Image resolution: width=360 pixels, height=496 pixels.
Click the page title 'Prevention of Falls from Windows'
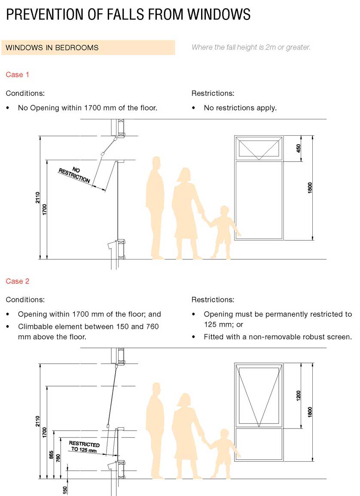pos(128,14)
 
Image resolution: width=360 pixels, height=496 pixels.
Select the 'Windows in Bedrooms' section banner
pos(88,48)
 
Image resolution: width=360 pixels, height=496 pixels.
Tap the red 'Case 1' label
pos(18,75)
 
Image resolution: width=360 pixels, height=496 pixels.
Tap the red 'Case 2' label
pos(18,281)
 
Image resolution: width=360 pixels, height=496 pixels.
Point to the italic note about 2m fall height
pos(251,47)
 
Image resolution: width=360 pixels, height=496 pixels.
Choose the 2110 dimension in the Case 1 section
pos(38,198)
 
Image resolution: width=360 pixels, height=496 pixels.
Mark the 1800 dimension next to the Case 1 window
pos(310,188)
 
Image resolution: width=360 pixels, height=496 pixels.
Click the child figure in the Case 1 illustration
pos(222,232)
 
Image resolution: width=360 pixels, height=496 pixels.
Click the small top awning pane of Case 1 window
pos(258,149)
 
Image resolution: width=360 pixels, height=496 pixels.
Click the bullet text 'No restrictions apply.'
pos(240,108)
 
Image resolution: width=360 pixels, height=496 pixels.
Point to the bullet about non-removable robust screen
pos(278,337)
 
